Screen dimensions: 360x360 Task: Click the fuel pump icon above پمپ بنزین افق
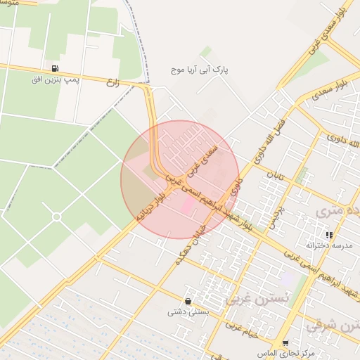(x=56, y=69)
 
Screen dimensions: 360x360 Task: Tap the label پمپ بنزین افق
(x=56, y=79)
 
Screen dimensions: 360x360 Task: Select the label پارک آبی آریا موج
(x=200, y=70)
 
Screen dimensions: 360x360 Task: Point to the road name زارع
(x=112, y=83)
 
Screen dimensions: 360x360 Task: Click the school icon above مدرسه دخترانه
(x=328, y=234)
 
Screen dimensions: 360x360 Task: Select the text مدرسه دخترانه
(x=328, y=245)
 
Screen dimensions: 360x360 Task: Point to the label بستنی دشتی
(x=182, y=311)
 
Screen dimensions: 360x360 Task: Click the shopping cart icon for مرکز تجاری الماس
(x=285, y=343)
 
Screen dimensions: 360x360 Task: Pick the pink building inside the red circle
(x=188, y=206)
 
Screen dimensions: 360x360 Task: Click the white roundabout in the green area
(x=57, y=217)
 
